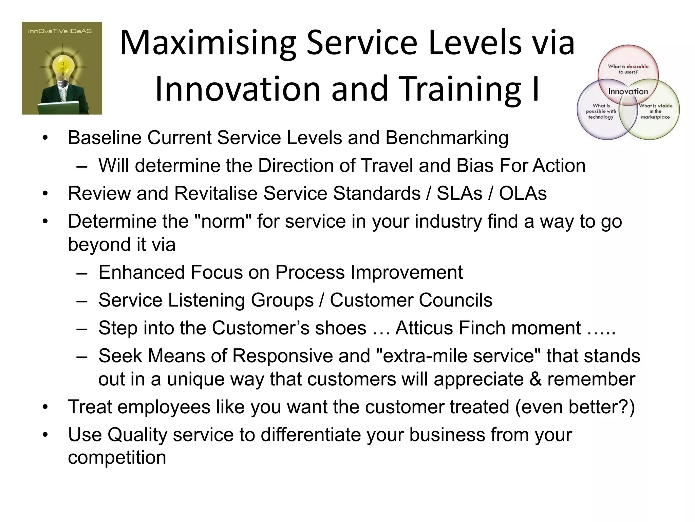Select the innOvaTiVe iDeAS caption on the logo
coord(62,31)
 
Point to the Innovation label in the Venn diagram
coord(628,91)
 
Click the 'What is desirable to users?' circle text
coord(628,69)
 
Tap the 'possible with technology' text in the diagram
coord(601,111)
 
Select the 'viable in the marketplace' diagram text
coord(655,111)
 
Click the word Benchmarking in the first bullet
coord(447,138)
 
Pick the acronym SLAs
coord(459,193)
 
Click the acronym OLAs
coord(523,193)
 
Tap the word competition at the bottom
coord(117,458)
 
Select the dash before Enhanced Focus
coord(82,273)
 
